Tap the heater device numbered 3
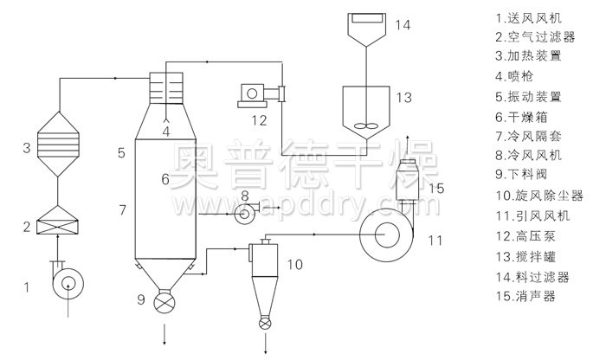tap(58, 144)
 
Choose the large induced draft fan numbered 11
tap(386, 235)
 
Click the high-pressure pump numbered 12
tap(261, 95)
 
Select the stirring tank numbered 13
tap(365, 112)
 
